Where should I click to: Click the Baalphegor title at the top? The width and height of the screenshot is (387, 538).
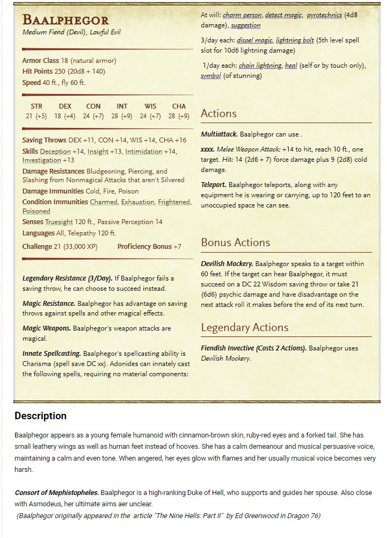65,20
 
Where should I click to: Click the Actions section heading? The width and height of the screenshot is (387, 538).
218,113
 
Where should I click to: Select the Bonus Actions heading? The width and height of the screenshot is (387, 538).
235,242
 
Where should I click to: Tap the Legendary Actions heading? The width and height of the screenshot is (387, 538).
244,327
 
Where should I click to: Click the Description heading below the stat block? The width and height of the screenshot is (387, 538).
41,415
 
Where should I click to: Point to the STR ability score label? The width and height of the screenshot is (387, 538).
36,106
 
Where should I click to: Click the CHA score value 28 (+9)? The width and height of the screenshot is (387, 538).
179,116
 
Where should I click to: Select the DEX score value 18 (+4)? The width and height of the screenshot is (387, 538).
65,116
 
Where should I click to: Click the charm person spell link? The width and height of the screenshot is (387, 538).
241,15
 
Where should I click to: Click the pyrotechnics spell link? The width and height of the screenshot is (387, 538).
324,15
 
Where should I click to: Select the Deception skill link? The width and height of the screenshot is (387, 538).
55,152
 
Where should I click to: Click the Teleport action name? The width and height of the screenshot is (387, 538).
214,185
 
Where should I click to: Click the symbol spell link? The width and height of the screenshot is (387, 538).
211,76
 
